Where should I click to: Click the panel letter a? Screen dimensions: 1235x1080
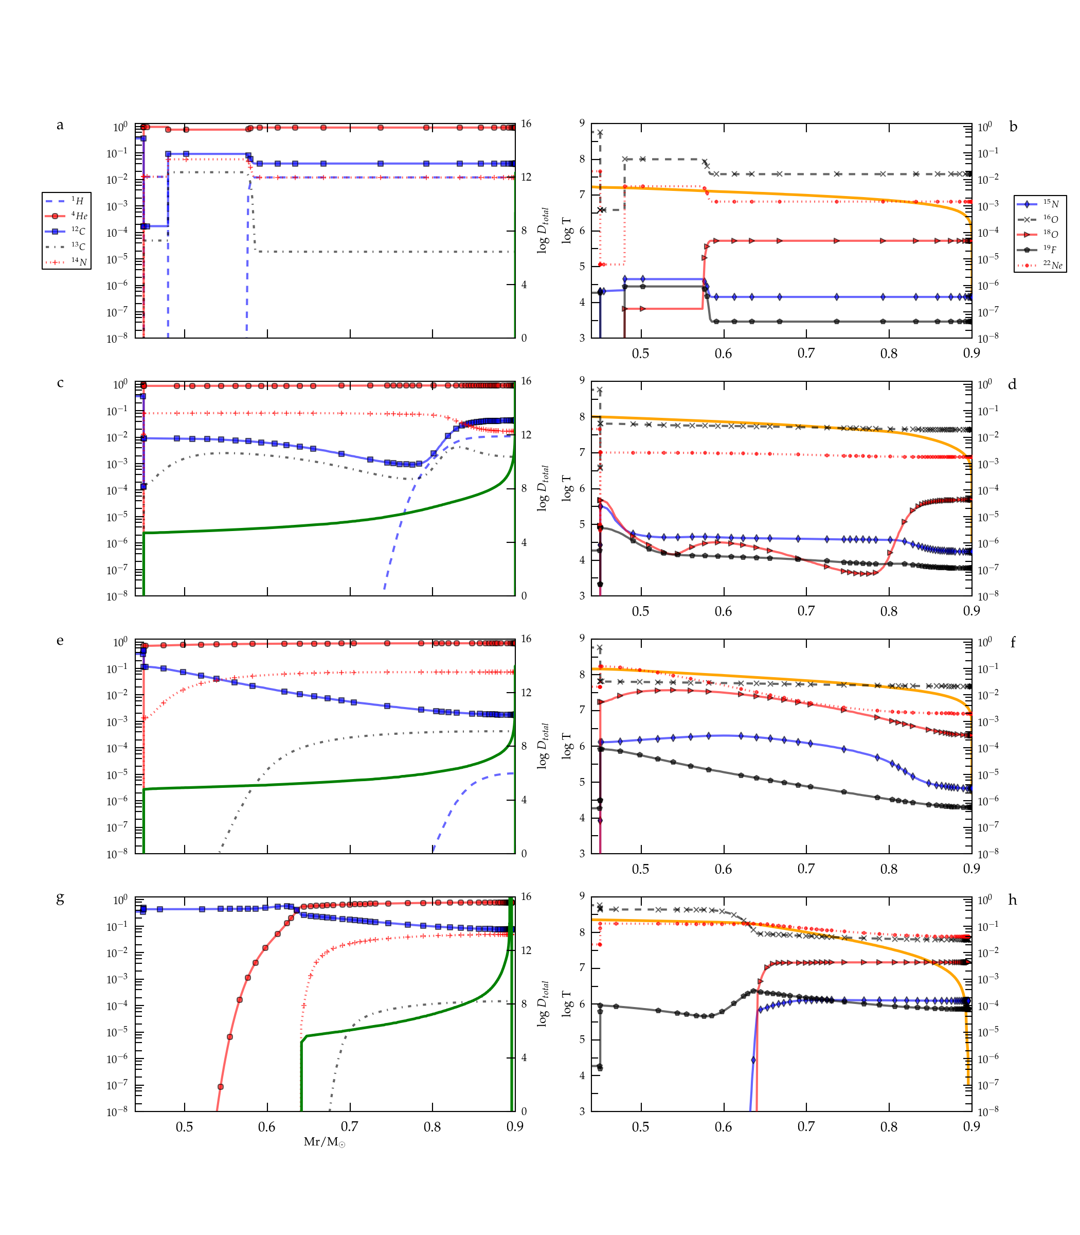pos(60,125)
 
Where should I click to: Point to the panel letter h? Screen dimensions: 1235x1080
pos(1013,901)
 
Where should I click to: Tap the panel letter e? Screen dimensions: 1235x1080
pos(60,641)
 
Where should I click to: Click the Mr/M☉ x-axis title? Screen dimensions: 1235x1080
pos(324,1141)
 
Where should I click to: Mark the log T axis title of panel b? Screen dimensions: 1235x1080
pos(567,231)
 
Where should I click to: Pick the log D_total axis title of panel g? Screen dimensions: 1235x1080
pos(543,1003)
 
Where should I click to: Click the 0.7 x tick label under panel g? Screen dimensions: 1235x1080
pos(350,1126)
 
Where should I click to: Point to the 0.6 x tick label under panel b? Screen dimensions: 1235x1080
pos(723,354)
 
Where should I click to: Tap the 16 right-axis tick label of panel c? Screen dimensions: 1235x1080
pos(526,381)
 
